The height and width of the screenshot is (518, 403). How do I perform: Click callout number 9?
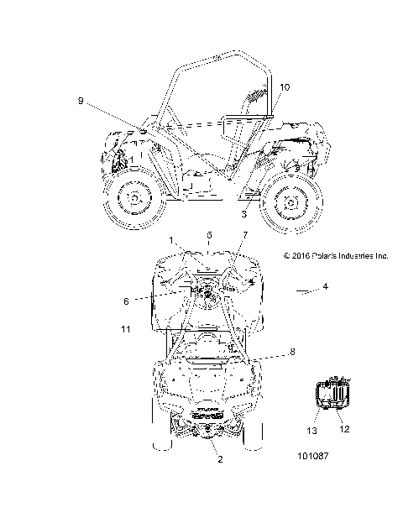[81, 101]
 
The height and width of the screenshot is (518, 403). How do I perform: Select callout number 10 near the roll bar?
[285, 87]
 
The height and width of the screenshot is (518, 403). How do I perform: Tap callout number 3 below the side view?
[243, 214]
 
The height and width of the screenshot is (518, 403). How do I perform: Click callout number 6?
[126, 301]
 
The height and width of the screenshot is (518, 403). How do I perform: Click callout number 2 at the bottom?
[220, 459]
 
